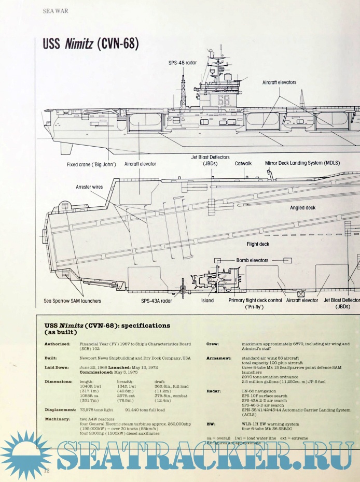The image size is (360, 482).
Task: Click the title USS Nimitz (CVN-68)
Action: coord(91,44)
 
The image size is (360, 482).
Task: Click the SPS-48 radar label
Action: coord(182,63)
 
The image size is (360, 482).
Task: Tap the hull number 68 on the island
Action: coord(223,100)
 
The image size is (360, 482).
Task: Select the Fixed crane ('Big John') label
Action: coord(91,164)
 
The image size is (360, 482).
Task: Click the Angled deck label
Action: coord(302,208)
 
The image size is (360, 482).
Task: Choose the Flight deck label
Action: coord(258,244)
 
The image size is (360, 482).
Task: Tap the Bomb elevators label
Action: coord(253,260)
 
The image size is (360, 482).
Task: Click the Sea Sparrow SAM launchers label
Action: coord(73,301)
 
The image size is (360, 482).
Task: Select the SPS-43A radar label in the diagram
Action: coord(157,301)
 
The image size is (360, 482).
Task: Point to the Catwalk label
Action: coord(243,163)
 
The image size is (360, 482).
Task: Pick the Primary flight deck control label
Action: coord(255,301)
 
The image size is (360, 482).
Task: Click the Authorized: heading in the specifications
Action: coord(57,344)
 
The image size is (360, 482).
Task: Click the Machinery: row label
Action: coord(58,418)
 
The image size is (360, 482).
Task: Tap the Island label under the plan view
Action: coord(207,301)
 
